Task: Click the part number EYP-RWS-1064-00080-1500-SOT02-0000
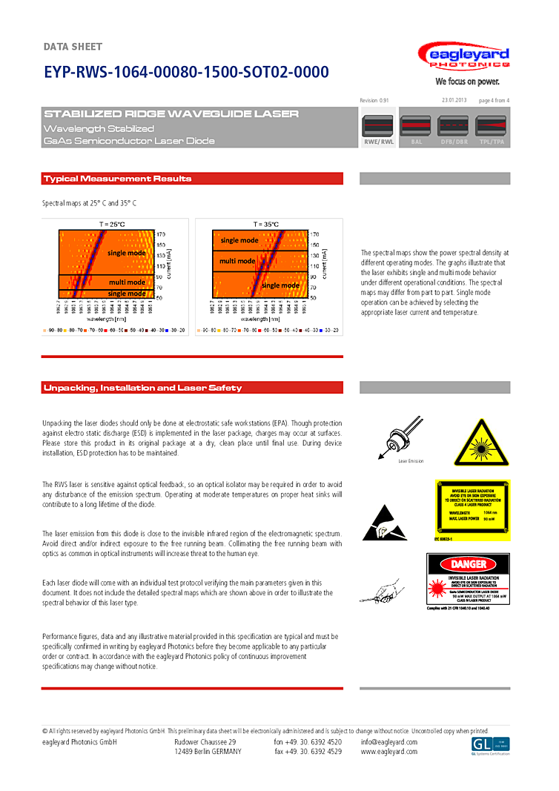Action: point(186,72)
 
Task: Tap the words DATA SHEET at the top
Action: point(73,47)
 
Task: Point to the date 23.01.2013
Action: point(454,100)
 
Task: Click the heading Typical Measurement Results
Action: point(118,179)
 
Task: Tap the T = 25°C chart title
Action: point(112,224)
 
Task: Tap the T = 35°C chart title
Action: point(265,224)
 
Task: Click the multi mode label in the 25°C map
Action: point(127,282)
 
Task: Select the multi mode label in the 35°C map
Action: point(237,261)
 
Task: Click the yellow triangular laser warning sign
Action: point(481,443)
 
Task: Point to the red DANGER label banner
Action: point(468,564)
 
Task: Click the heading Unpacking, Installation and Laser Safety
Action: point(143,388)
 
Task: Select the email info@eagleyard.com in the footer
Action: point(389,742)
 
